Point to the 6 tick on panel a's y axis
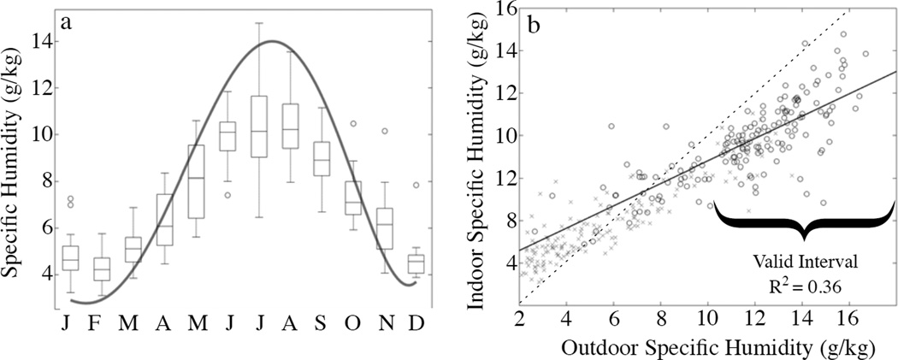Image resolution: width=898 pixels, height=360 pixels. pyautogui.click(x=40, y=227)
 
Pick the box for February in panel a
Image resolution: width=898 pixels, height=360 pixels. pyautogui.click(x=102, y=268)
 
